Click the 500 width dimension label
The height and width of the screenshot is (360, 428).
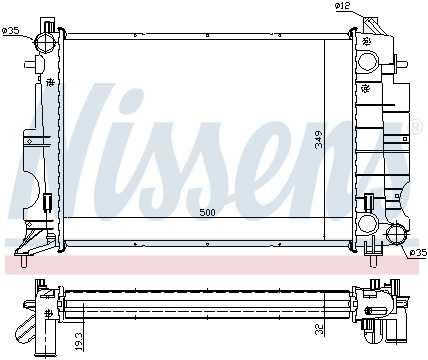[x=207, y=212]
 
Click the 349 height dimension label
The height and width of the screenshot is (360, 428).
[x=319, y=140]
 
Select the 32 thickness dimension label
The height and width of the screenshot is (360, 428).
[x=320, y=329]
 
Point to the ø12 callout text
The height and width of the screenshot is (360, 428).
[x=343, y=6]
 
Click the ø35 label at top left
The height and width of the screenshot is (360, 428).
[x=11, y=31]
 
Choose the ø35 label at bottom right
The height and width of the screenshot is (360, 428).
[x=418, y=253]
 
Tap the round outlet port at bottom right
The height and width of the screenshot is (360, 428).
[x=396, y=234]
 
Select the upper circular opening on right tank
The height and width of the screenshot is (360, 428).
[x=368, y=61]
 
